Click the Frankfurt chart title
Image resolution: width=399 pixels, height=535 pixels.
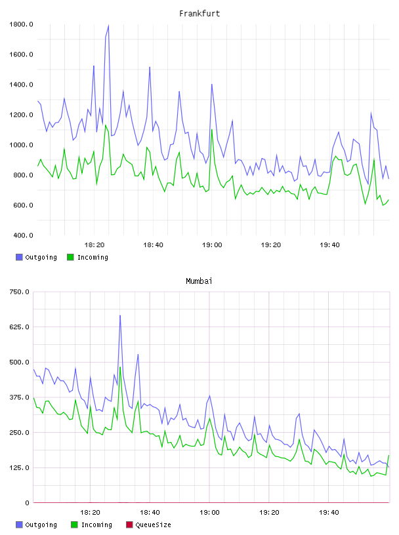[x=199, y=13]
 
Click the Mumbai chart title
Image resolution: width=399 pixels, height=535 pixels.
[x=199, y=281]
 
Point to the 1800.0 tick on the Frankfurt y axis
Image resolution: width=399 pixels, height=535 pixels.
[x=21, y=24]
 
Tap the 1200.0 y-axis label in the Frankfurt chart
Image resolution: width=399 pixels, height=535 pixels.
[x=21, y=115]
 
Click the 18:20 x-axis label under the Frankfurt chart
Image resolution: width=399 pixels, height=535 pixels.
[x=94, y=245]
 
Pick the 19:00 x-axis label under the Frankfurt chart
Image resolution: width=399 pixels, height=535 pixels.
[x=212, y=245]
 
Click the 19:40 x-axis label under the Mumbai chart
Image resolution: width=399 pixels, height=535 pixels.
[x=329, y=512]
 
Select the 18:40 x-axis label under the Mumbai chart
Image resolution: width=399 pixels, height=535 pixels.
[x=150, y=512]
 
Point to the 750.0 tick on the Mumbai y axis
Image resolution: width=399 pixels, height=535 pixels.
[x=19, y=292]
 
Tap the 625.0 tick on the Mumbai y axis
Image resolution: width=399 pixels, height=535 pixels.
[x=19, y=327]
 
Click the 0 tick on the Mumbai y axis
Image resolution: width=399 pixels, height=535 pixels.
[x=27, y=503]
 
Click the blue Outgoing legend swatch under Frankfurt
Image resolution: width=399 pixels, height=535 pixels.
[x=19, y=257]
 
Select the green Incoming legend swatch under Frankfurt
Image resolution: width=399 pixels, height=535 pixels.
[x=70, y=257]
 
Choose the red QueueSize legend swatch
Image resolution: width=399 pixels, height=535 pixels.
[x=129, y=525]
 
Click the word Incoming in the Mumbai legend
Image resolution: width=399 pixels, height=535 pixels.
[x=96, y=525]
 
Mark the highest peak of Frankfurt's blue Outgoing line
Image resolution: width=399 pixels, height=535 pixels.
[x=109, y=25]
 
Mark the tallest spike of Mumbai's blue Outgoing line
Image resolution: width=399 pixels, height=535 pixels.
[x=120, y=315]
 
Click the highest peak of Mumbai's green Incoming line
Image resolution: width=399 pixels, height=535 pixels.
[x=120, y=367]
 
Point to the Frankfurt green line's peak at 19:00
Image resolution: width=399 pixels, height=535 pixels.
[x=212, y=129]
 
